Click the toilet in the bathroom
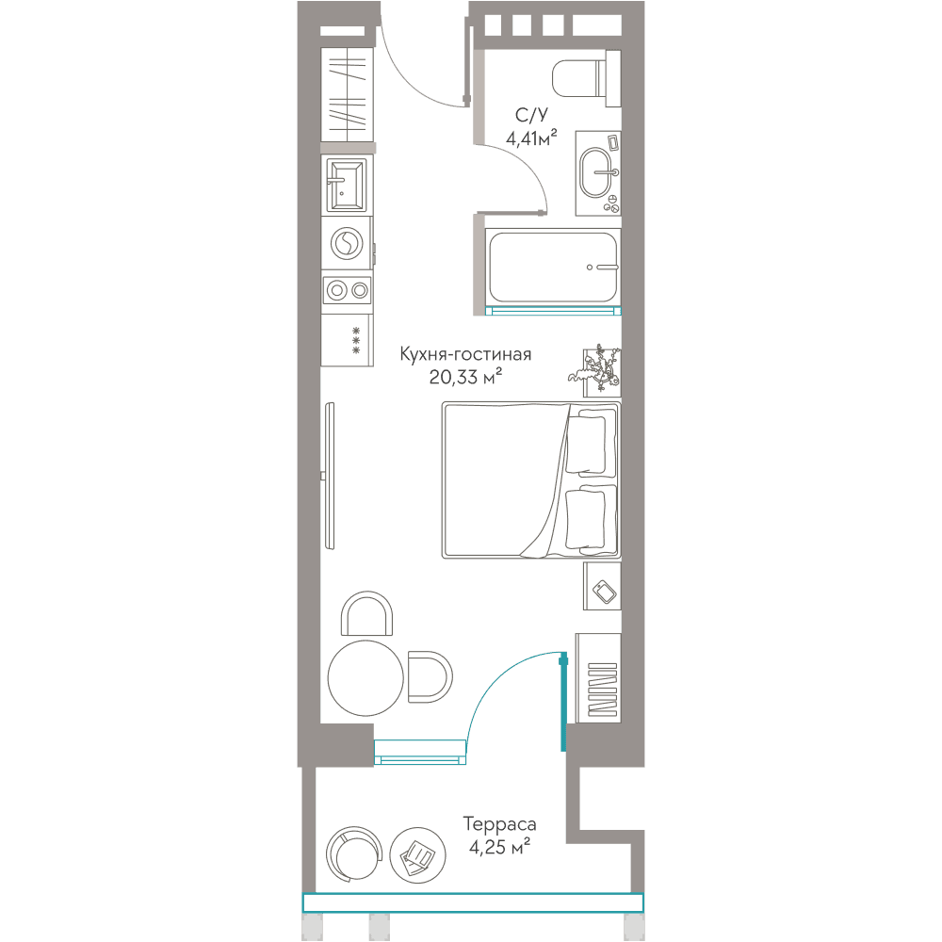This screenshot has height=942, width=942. coord(586,78)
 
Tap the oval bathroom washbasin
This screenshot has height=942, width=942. coord(596,172)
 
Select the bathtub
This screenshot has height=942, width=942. coord(553,268)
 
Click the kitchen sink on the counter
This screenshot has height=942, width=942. coord(346,185)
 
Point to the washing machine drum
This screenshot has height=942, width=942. coord(347,243)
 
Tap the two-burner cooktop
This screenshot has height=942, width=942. coord(347,291)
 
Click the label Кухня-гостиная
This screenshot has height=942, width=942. coord(465,354)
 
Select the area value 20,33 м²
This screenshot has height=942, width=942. coord(465,377)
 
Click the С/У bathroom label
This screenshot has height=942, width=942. coord(531,115)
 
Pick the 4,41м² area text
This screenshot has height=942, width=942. coord(531,138)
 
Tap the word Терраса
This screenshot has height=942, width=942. coord(499,824)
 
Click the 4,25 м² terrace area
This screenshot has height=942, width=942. coord(499,847)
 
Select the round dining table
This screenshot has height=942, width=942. coord(365,677)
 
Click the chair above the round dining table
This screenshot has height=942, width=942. coord(366,613)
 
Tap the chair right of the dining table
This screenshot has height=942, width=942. coord(430,676)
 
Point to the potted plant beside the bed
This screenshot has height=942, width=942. coord(594,369)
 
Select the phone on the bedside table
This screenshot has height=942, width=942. coord(605,591)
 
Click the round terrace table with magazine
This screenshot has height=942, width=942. coord(417,855)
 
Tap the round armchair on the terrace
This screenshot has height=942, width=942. coord(354,854)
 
